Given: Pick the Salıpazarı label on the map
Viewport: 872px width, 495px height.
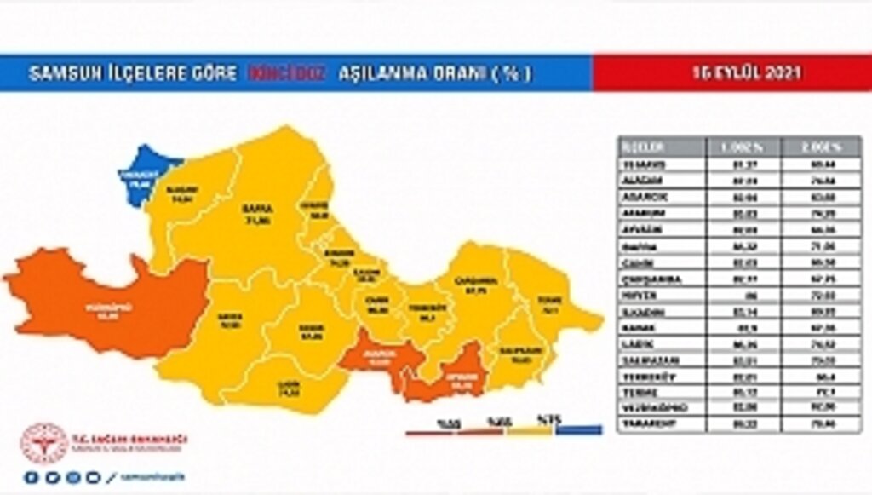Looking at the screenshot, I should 521,352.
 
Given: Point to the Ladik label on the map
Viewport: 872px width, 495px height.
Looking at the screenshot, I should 289,389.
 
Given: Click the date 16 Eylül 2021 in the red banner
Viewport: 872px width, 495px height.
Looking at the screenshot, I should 732,73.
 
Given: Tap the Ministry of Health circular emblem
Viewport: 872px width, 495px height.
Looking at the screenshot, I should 43,444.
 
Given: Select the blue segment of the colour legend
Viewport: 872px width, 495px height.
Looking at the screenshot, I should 579,430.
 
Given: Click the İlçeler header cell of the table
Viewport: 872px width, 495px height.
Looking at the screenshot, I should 661,146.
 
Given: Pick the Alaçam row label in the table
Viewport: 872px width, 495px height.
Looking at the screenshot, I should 661,180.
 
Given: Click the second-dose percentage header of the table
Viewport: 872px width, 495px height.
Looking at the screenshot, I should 823,146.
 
